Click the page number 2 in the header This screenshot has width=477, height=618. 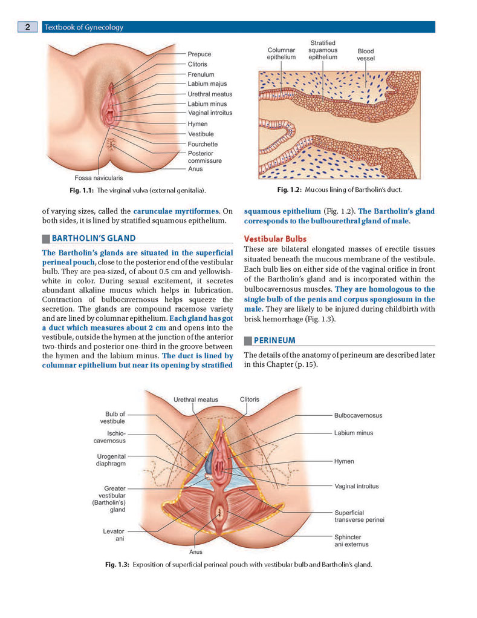pyautogui.click(x=28, y=27)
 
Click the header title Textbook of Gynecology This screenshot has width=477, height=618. pyautogui.click(x=84, y=27)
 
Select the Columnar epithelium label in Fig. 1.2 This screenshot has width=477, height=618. pyautogui.click(x=281, y=54)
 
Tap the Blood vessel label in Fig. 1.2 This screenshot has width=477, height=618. pyautogui.click(x=366, y=55)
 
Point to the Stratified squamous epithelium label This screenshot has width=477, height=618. pyautogui.click(x=323, y=50)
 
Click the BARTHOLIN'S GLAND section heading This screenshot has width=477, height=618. pyautogui.click(x=94, y=238)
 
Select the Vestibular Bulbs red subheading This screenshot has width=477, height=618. pyautogui.click(x=275, y=239)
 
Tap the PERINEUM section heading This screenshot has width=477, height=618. pyautogui.click(x=274, y=340)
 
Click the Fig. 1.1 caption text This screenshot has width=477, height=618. pyautogui.click(x=138, y=191)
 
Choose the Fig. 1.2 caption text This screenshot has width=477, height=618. pyautogui.click(x=340, y=189)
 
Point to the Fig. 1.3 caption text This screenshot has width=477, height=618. pyautogui.click(x=238, y=564)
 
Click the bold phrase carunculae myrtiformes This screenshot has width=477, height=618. pyautogui.click(x=176, y=211)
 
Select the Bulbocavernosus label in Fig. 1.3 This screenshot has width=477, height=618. pyautogui.click(x=358, y=415)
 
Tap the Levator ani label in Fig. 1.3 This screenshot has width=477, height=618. pyautogui.click(x=114, y=535)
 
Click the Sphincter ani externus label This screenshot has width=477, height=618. pyautogui.click(x=351, y=541)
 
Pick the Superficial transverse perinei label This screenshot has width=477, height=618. pyautogui.click(x=359, y=516)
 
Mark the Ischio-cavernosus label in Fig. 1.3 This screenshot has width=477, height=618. pyautogui.click(x=110, y=437)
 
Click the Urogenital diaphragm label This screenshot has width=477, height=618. pyautogui.click(x=111, y=460)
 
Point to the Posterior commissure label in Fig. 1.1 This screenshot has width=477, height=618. pyautogui.click(x=205, y=157)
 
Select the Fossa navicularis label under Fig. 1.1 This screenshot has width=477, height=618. pyautogui.click(x=99, y=178)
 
